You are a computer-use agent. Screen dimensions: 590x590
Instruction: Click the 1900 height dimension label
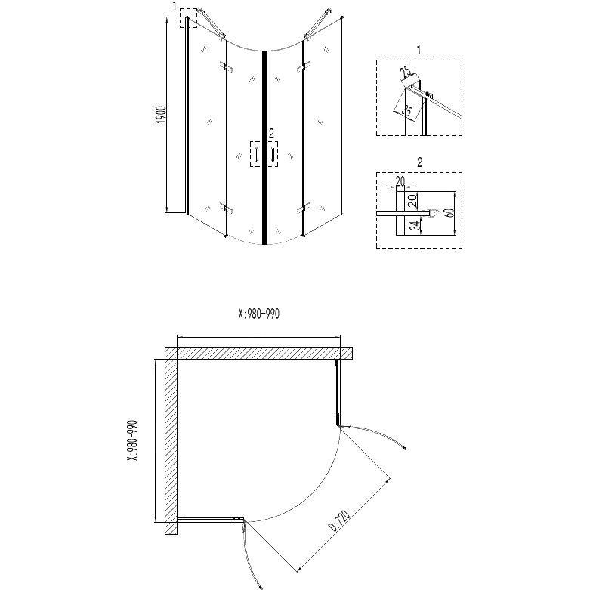pos(161,114)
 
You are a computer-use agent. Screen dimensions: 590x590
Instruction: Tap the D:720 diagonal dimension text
pos(339,520)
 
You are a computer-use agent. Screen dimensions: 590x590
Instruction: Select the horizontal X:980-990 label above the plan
pos(259,314)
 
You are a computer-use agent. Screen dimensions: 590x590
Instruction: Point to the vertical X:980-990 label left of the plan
pos(133,440)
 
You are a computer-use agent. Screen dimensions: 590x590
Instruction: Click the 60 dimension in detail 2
pos(449,212)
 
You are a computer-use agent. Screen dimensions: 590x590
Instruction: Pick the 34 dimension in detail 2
pos(415,226)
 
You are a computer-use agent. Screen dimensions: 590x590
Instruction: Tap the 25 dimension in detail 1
pos(406,72)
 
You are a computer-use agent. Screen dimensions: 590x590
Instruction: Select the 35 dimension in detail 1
pos(407,111)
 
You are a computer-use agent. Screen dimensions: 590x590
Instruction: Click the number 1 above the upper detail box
pos(419,49)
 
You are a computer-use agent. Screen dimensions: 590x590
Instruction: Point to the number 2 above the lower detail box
pos(419,162)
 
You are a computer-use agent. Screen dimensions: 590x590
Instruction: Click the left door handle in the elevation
pos(256,154)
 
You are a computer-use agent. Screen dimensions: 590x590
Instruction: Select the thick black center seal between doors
pos(264,147)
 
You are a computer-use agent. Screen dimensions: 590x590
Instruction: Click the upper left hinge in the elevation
pos(227,66)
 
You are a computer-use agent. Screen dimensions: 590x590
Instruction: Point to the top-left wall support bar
pos(212,23)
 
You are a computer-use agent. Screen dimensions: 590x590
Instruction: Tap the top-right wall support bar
pos(318,23)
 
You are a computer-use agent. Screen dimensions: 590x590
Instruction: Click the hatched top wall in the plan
pos(258,353)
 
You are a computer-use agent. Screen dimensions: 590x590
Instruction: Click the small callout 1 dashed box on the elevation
pos(188,18)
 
